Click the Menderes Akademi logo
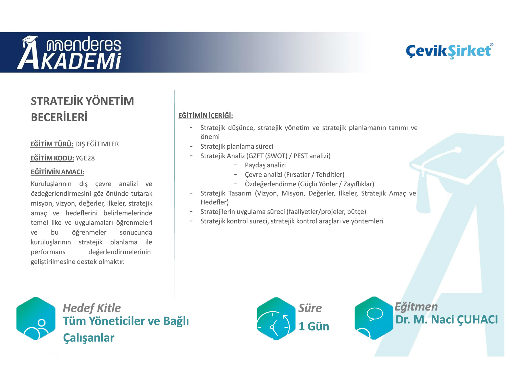[69, 53]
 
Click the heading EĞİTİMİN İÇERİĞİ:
[205, 116]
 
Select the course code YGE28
[85, 158]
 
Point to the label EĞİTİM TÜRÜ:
[52, 144]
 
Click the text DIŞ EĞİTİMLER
[97, 144]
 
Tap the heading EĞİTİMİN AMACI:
[58, 172]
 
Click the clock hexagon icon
[276, 319]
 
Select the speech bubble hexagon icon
[374, 318]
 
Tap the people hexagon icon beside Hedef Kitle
[36, 319]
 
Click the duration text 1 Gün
[314, 326]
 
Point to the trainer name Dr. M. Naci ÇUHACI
[447, 319]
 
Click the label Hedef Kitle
[92, 308]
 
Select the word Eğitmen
[416, 307]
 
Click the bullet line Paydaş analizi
[265, 165]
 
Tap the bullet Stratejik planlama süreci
[237, 146]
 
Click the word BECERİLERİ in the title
[59, 117]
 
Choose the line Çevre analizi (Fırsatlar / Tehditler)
[295, 175]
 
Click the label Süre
[310, 308]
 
